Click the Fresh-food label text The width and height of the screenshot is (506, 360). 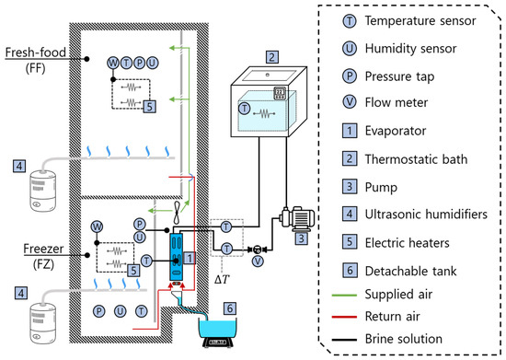point(36,52)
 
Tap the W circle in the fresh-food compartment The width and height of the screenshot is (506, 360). point(113,63)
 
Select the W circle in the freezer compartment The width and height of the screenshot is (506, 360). point(97,226)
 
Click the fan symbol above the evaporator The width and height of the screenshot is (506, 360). point(177,213)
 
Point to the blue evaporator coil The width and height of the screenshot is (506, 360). point(177,257)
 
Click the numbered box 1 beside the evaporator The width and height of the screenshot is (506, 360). point(190,258)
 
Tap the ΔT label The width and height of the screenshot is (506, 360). point(223,279)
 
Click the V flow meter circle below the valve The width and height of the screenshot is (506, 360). point(258,261)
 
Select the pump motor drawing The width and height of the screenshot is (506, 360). point(297,218)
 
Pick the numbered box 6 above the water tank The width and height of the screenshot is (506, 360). point(230,308)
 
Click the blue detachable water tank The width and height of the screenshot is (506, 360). point(218,328)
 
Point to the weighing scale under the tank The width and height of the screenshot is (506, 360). point(218,343)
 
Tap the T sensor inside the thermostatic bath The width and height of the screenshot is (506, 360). point(245,108)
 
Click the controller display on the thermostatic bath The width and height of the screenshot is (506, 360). point(279,93)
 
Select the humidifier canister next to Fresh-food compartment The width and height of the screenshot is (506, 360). point(42,192)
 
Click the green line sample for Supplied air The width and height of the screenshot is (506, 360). point(344,296)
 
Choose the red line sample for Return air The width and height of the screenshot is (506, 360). point(344,317)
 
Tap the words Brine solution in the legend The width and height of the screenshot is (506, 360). point(403,339)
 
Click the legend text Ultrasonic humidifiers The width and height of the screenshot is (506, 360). point(426,214)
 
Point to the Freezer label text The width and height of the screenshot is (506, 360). point(43,249)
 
